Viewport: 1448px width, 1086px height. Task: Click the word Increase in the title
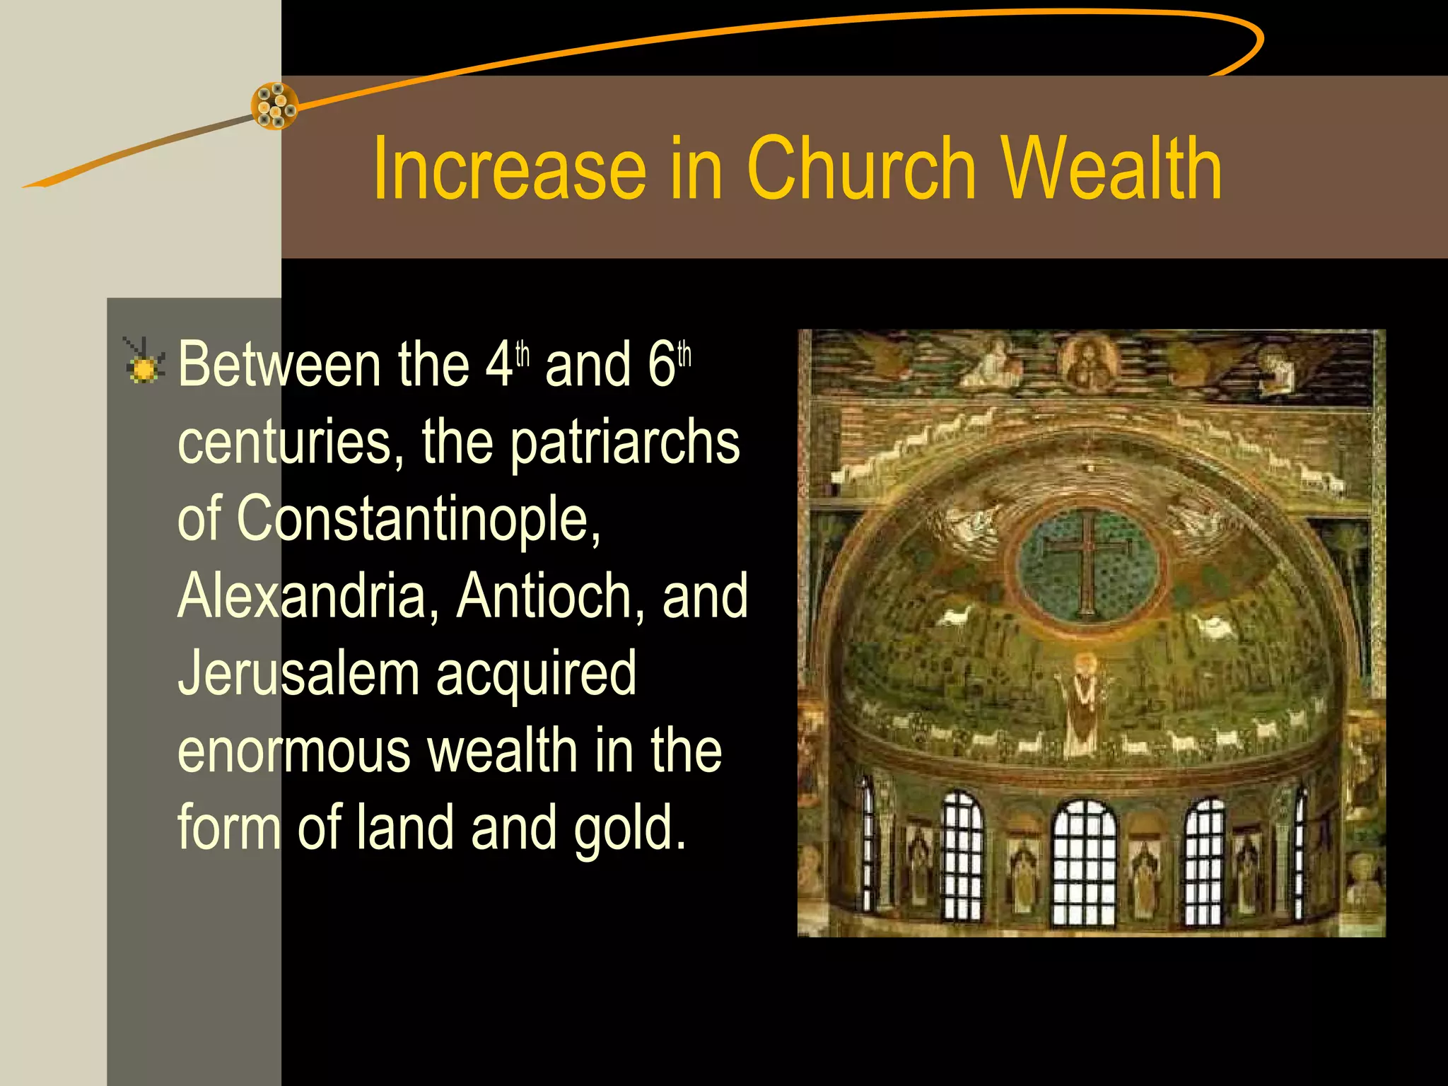[x=509, y=170]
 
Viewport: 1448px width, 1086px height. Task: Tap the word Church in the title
[x=861, y=170]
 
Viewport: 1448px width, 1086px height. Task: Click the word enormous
[x=293, y=751]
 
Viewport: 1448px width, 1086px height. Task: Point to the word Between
[x=279, y=365]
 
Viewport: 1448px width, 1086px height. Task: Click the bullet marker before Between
[x=144, y=362]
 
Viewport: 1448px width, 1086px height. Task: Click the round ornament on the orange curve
[x=275, y=106]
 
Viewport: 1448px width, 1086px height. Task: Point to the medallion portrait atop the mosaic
[x=1088, y=363]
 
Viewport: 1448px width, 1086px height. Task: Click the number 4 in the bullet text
[x=498, y=365]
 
